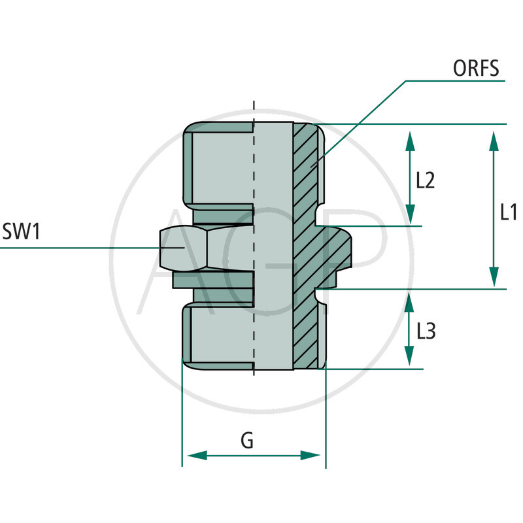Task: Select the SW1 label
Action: click(22, 231)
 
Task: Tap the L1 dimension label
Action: click(509, 212)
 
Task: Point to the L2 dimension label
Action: click(426, 180)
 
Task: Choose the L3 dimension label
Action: click(426, 331)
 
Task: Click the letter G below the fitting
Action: click(247, 441)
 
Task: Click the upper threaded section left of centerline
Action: click(219, 167)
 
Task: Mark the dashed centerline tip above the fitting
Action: click(254, 105)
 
